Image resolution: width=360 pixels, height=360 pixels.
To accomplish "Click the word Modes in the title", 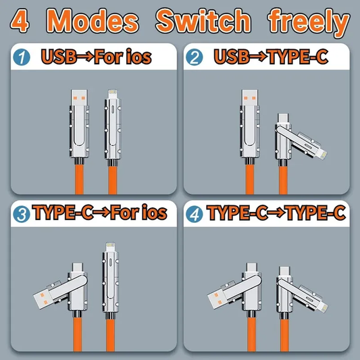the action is pos(93,21).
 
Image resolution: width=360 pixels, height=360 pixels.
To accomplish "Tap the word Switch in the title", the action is pos(203,20).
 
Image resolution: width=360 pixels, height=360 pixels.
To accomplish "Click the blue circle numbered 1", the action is pos(22,57).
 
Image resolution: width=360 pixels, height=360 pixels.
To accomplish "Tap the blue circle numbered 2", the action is pos(195,57).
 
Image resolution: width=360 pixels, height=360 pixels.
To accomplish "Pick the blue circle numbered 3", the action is pos(22,214).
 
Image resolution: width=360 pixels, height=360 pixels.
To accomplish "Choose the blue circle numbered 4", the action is pos(195,214).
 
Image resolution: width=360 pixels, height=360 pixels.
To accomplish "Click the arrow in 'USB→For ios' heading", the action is pos(85,57).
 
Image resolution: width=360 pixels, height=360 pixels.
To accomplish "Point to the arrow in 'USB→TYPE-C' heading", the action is pos(258,57).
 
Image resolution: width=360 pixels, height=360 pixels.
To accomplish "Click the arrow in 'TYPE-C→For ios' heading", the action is pos(101,213).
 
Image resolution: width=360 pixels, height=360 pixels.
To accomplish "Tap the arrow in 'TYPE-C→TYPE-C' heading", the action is pos(276,213).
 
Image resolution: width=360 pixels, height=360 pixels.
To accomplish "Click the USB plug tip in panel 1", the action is pos(79,97).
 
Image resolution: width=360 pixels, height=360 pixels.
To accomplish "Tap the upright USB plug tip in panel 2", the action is pos(250,97).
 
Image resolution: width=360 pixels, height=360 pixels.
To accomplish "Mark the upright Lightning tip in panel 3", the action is pos(110,247).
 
